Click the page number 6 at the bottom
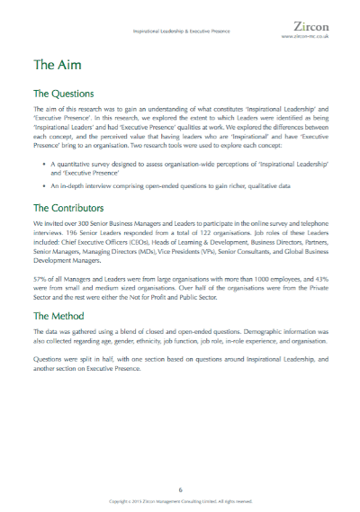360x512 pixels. coord(180,489)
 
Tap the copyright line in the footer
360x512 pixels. coord(180,500)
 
